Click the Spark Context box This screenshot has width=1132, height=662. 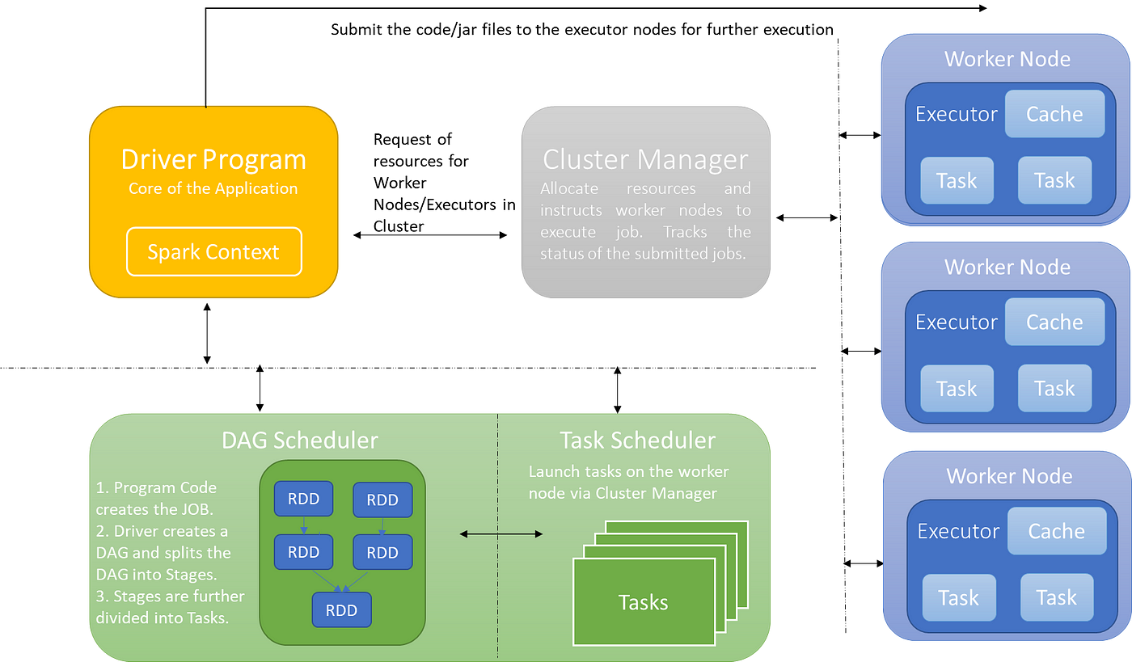pos(213,251)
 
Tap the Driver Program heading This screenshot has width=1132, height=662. pos(213,160)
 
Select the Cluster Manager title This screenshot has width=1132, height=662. pos(645,160)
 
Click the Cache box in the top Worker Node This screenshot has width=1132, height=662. pos(1054,114)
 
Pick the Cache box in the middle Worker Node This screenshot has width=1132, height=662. pos(1054,322)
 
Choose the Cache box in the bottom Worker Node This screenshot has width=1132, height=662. pos(1057,531)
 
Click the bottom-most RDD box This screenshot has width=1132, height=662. pos(341,610)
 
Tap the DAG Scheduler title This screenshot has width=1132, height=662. pos(300,441)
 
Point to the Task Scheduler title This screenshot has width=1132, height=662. pos(638,441)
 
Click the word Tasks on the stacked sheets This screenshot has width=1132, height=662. pos(644,602)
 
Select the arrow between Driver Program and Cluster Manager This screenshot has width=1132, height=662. pos(430,235)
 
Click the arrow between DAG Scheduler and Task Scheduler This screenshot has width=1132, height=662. pos(501,533)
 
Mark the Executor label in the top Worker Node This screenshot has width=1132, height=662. pos(957,114)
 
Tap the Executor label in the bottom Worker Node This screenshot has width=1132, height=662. pos(959,532)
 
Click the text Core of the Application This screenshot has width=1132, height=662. pos(213,188)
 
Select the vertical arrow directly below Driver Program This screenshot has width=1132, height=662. pos(207,334)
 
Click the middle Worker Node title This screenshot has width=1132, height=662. pos(1007,267)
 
